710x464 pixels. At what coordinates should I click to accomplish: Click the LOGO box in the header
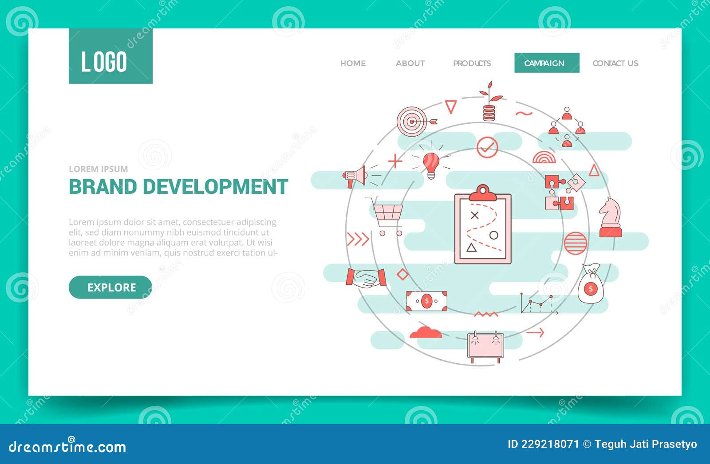[110, 56]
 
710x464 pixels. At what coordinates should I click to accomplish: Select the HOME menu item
[353, 63]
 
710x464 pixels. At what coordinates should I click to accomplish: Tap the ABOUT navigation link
[410, 63]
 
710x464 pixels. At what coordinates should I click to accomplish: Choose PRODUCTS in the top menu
[472, 63]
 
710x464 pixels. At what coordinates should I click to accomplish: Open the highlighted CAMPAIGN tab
[546, 63]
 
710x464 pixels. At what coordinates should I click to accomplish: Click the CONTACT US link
[615, 63]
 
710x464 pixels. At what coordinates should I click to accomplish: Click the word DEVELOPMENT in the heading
[215, 187]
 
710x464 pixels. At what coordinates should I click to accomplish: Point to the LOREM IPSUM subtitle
[98, 169]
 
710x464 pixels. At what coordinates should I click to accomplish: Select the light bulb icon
[430, 164]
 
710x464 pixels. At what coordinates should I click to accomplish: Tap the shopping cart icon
[387, 217]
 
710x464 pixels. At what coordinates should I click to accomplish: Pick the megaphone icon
[356, 177]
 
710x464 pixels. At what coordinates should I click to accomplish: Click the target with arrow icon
[413, 120]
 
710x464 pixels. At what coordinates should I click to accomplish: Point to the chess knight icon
[610, 218]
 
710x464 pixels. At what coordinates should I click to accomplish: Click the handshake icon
[366, 278]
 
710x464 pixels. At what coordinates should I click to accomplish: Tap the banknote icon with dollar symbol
[426, 301]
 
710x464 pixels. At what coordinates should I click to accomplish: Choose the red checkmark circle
[487, 147]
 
